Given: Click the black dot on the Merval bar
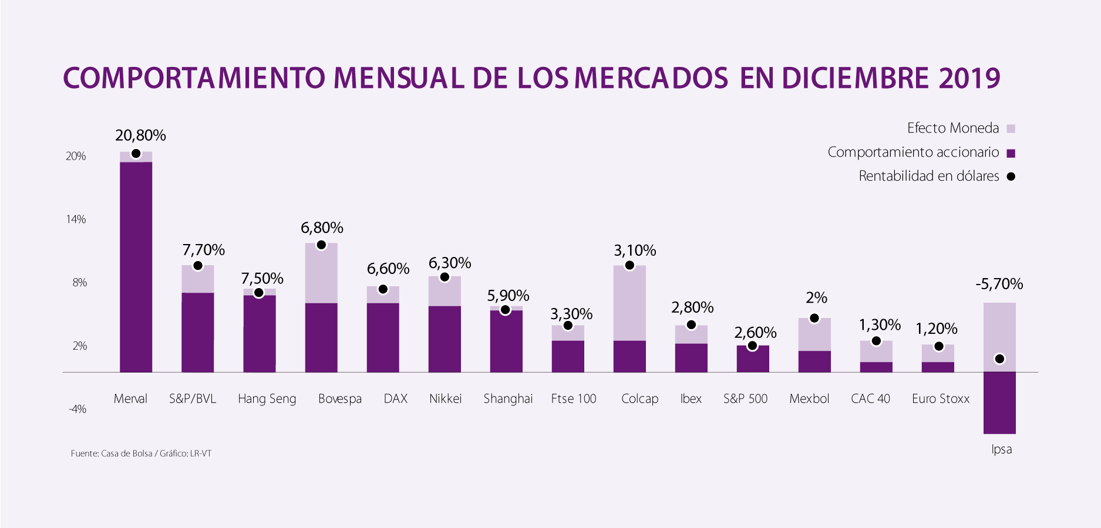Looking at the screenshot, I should pos(136,154).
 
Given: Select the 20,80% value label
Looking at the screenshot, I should pos(140,136).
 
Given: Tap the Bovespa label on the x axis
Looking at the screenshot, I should pos(339,399).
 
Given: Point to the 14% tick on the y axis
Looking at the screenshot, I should pos(76,219).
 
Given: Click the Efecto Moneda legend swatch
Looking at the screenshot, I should pos(1011,129).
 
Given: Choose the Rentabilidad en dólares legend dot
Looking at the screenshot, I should pos(1011,177).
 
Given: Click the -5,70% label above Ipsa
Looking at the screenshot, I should pos(999,285).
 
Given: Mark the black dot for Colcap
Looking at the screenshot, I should pos(629,265).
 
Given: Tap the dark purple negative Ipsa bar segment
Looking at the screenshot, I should pos(999,403).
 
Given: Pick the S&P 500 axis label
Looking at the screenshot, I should pos(745,399).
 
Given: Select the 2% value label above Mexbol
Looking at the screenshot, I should pos(816,298).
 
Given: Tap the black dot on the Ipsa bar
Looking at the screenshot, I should pos(999,359).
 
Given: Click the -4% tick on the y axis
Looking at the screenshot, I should pos(77,409).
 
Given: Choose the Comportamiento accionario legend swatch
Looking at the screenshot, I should pos(1011,154).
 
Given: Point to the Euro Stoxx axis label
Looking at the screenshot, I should pos(940,399).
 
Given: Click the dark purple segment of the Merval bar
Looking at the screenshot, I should pos(136,267).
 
